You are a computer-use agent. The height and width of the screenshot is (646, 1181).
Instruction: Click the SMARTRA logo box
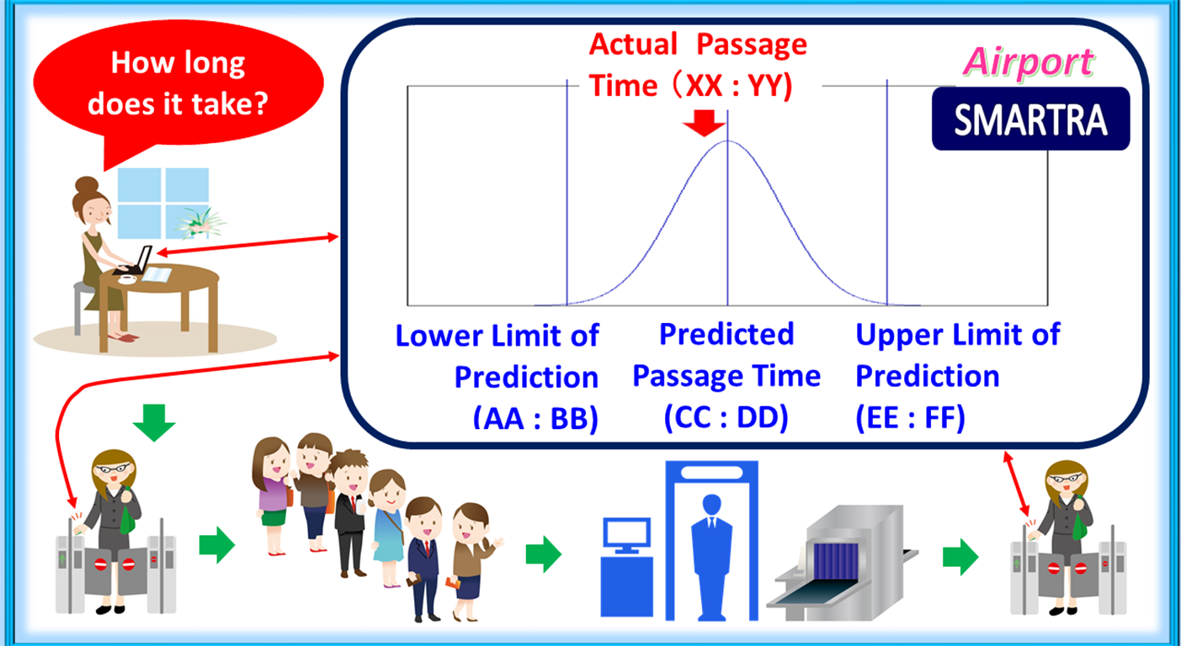[1030, 119]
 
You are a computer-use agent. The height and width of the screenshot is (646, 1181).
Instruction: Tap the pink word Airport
[1029, 62]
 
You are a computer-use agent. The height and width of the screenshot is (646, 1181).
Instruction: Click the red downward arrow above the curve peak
[704, 124]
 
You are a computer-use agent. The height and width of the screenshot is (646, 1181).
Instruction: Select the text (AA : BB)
[535, 418]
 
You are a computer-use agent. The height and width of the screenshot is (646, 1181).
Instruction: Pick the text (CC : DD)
[726, 417]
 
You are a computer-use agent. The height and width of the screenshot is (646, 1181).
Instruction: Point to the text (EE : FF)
[910, 418]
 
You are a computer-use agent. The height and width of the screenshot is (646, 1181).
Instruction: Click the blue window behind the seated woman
[163, 204]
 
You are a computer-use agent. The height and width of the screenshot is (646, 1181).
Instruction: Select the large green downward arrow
[154, 422]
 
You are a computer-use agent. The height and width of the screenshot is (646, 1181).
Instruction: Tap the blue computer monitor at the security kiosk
[627, 535]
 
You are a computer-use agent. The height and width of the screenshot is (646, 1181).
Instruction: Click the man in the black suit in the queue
[349, 514]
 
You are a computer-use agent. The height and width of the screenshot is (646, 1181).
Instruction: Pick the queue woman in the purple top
[273, 495]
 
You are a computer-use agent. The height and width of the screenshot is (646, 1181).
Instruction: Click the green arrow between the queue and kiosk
[543, 554]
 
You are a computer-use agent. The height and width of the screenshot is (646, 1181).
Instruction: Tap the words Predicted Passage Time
[726, 355]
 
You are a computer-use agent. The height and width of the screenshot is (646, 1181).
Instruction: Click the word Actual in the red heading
[633, 45]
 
